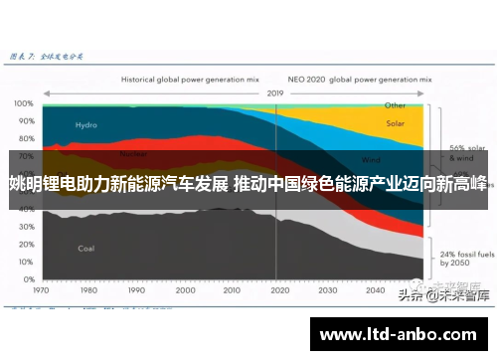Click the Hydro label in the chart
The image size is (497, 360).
point(86,125)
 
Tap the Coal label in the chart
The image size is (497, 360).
point(86,248)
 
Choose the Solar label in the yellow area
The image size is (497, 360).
point(395,124)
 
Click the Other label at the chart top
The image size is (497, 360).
point(395,104)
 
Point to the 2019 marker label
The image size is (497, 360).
point(274,92)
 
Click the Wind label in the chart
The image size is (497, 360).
point(371,159)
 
